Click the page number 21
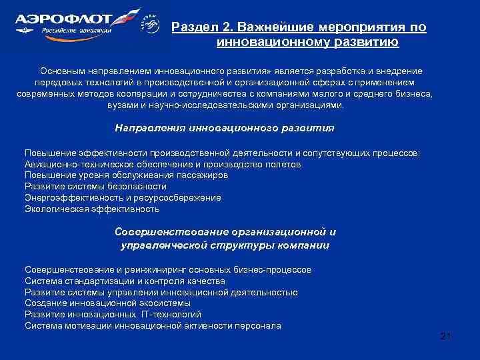446,337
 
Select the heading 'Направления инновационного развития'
225,128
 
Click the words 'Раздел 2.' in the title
197,28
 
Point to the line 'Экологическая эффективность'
92,209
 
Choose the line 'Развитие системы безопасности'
95,186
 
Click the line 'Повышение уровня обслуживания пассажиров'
126,175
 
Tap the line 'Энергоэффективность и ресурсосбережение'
123,197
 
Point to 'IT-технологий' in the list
170,314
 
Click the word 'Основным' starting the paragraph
62,71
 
